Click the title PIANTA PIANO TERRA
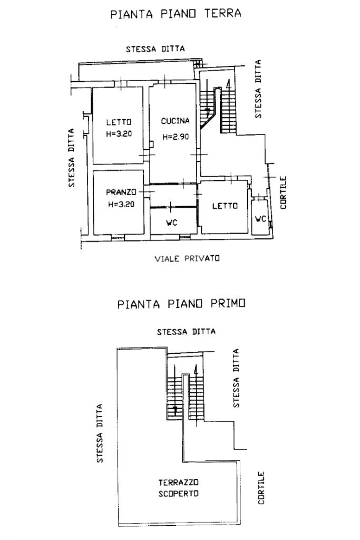click(176, 14)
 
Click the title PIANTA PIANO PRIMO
click(182, 304)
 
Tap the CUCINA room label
click(175, 121)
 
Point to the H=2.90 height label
click(175, 137)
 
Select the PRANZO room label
click(121, 191)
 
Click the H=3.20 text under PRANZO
click(121, 205)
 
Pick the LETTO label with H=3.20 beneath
click(118, 122)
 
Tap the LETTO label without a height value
click(225, 206)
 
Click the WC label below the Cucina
click(171, 223)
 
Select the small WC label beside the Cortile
click(260, 218)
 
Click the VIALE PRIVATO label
click(187, 258)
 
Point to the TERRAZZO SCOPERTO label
click(179, 488)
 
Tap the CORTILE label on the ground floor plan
click(283, 192)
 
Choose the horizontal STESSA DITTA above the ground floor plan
click(155, 49)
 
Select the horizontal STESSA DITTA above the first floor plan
click(186, 332)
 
